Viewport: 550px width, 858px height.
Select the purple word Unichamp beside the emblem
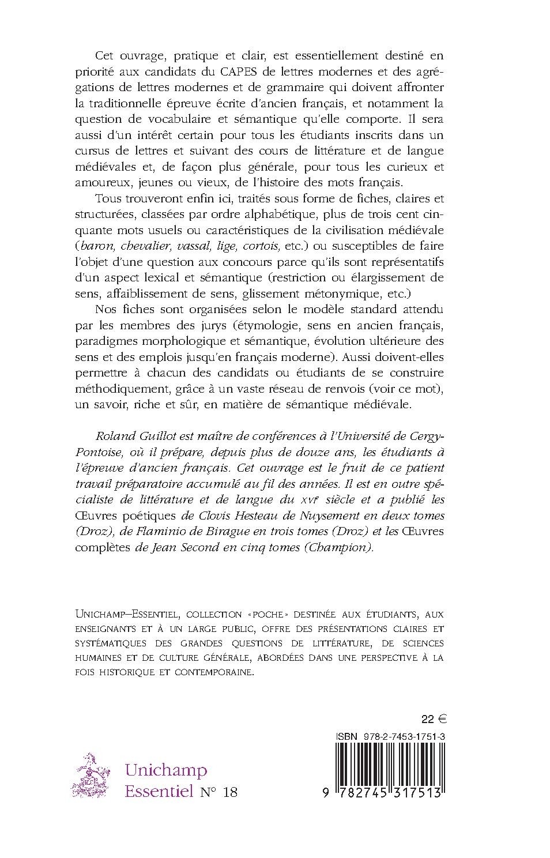[x=166, y=770]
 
